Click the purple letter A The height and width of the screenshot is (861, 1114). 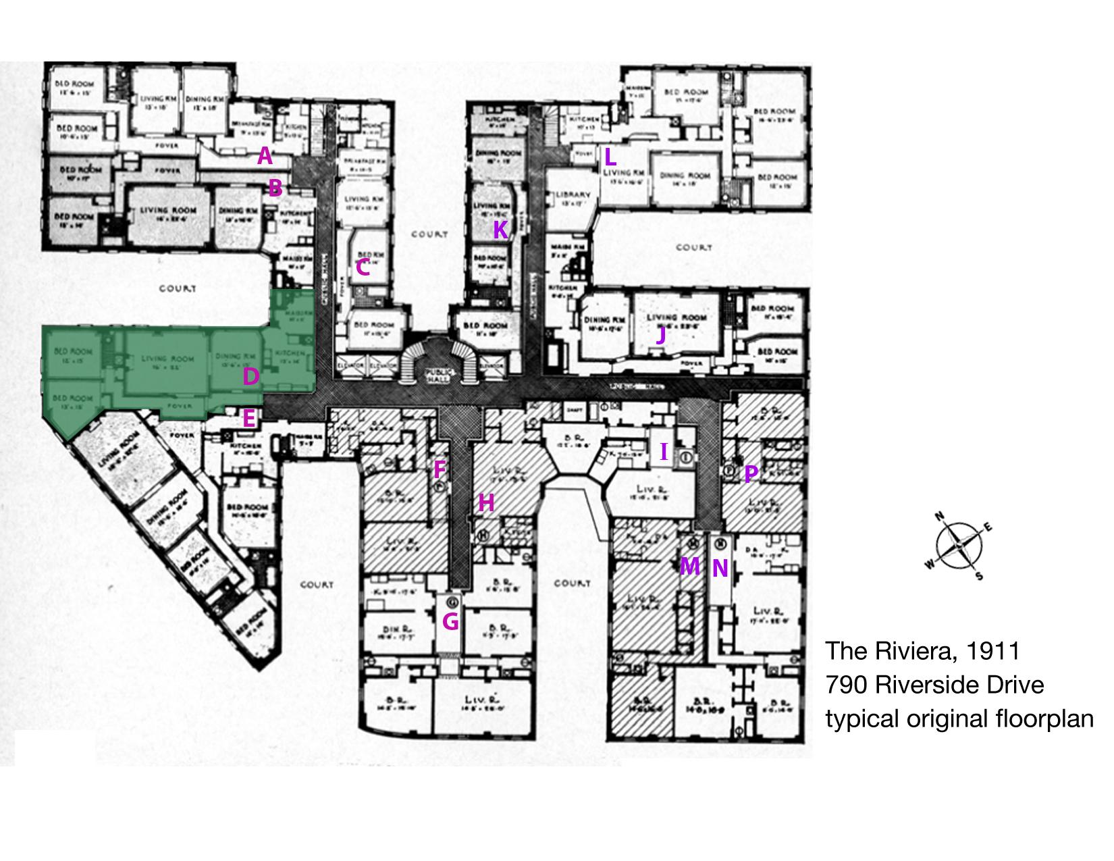tap(265, 157)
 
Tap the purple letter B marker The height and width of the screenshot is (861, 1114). tap(275, 188)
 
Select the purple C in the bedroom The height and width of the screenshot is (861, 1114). tap(363, 267)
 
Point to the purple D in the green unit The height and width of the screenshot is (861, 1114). tap(250, 376)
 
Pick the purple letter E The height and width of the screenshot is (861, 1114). tap(248, 419)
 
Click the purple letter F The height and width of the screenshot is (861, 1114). tap(440, 468)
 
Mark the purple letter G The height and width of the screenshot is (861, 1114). tap(450, 621)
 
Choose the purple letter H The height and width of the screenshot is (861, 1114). tap(486, 502)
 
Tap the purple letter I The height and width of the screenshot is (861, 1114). tap(664, 452)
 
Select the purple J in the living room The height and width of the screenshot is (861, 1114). tap(661, 335)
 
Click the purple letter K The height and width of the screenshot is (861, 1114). tap(500, 230)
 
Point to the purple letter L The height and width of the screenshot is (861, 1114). tap(610, 157)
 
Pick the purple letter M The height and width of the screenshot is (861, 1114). tap(689, 566)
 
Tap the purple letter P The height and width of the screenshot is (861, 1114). tap(750, 473)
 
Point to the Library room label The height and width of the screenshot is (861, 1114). tap(572, 196)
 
